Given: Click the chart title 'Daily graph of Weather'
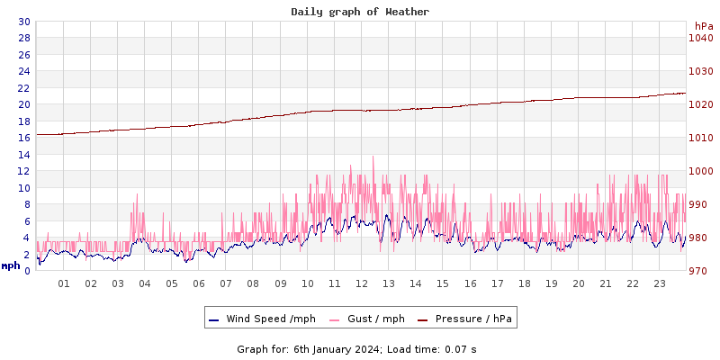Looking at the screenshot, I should [x=360, y=12].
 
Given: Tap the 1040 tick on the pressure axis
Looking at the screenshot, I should [x=701, y=38].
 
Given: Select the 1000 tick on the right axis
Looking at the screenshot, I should [x=701, y=171].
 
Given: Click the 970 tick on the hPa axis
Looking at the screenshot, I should [x=701, y=271].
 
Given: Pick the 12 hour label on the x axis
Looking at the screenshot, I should [x=361, y=283].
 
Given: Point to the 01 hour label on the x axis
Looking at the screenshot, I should [x=64, y=283].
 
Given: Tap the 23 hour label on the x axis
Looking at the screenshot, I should [x=659, y=283].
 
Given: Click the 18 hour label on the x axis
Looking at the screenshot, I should [x=524, y=283].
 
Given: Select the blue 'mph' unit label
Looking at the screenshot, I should [x=11, y=265].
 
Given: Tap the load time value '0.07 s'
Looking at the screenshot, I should [x=461, y=349].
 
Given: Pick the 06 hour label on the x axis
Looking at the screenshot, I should [x=199, y=283].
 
